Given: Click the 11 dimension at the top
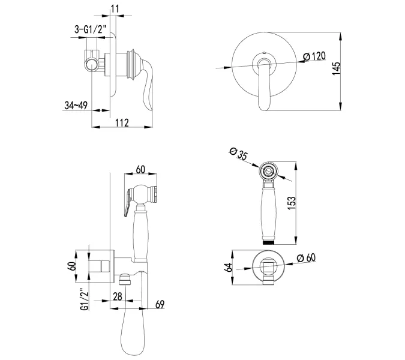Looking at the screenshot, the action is click(115, 8).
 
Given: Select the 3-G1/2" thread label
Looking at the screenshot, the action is click(91, 29).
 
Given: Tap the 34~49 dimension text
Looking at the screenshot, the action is click(76, 106).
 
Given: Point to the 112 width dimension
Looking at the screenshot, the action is click(122, 122).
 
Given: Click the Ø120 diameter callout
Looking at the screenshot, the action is click(314, 56).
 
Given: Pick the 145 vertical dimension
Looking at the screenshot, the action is click(336, 68).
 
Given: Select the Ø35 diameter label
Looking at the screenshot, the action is click(238, 153).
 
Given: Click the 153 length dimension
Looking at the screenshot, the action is click(291, 203).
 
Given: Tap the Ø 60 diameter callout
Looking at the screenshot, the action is click(306, 258).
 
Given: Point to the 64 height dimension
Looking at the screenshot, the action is click(229, 267).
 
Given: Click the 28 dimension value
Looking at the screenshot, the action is click(118, 296).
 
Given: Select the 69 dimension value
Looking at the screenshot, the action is click(160, 304).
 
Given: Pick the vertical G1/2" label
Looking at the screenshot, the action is click(85, 299).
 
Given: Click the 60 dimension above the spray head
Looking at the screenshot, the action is click(140, 170).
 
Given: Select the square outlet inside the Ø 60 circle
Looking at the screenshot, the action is click(268, 266).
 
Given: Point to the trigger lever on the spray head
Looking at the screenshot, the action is click(128, 202).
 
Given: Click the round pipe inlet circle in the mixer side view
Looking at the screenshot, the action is click(92, 65).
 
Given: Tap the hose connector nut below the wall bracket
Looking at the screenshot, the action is click(125, 279).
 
